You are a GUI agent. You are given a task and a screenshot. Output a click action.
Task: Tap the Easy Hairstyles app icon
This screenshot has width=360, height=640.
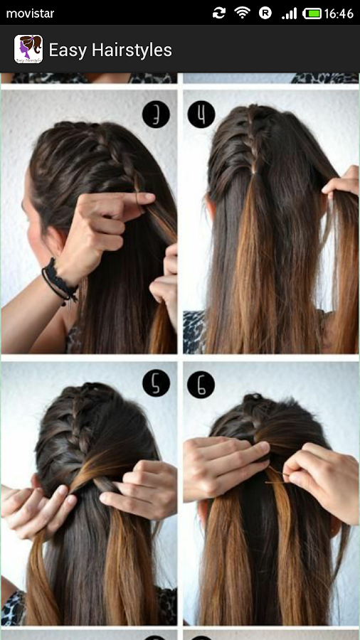28,49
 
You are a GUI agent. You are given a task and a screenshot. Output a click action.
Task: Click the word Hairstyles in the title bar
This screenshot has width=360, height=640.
132,50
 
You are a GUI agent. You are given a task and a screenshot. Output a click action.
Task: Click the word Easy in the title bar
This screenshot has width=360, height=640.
68,50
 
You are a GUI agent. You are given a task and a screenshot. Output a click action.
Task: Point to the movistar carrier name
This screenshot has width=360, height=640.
30,14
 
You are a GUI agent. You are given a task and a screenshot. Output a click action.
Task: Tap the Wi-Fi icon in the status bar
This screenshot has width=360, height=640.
242,13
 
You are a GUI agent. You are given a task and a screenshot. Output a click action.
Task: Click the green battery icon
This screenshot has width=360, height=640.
312,14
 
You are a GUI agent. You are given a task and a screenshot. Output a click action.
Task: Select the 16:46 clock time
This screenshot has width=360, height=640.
339,14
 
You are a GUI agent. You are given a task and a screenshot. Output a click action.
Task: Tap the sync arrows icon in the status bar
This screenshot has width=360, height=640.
219,13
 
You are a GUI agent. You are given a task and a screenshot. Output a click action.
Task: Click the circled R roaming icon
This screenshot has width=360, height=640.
265,13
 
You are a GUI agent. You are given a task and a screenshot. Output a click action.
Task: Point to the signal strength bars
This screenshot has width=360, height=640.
289,14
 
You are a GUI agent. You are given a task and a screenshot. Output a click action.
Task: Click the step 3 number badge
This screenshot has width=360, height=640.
156,114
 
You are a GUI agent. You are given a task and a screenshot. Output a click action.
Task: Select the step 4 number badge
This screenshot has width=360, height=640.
201,114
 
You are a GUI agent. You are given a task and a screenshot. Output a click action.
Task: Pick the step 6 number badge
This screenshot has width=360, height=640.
201,384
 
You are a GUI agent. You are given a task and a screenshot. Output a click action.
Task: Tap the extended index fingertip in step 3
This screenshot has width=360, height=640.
149,198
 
